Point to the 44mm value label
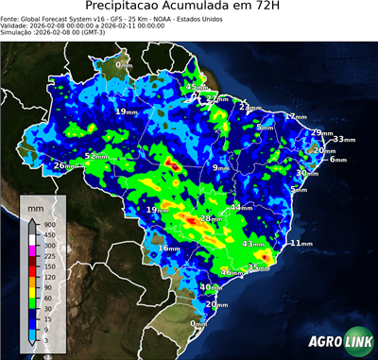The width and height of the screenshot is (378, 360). [242, 207]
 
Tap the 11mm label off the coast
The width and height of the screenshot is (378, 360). [301, 243]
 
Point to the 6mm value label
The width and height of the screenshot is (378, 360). [337, 159]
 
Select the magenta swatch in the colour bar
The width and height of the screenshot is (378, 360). [33, 250]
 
